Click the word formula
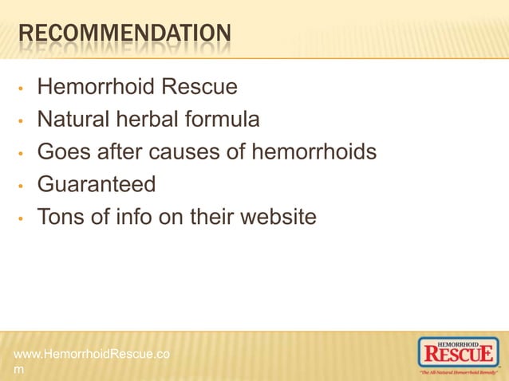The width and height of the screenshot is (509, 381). tap(225, 120)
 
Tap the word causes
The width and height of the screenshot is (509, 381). tap(199, 151)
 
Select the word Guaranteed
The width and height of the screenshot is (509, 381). tap(97, 184)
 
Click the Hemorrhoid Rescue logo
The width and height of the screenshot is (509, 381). tap(459, 355)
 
